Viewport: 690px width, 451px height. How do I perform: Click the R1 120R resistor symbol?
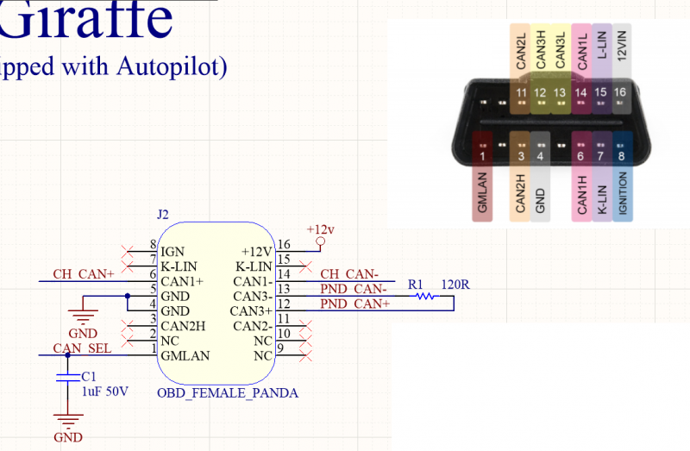point(423,296)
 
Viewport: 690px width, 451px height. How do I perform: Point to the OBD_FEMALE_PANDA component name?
point(228,393)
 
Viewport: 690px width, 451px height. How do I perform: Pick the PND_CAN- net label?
point(354,288)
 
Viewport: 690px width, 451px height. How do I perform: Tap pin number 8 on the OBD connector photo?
point(621,157)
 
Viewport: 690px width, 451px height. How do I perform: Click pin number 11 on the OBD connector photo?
point(520,92)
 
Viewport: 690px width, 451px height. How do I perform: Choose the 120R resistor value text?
point(456,284)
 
